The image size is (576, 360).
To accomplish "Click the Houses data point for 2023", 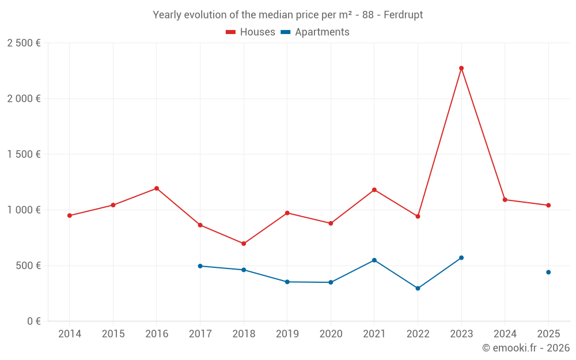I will [x=461, y=68].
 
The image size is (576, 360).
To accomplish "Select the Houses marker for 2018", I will [x=244, y=244].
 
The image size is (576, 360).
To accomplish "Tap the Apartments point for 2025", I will [x=548, y=272].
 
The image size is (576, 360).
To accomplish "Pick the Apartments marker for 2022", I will [x=418, y=289].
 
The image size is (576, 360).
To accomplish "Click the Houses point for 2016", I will [x=157, y=188].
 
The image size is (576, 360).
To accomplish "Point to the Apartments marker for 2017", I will [x=200, y=266].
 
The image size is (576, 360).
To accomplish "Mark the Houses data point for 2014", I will [x=70, y=215].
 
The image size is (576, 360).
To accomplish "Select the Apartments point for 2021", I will [x=374, y=260].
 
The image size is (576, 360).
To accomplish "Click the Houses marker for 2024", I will [x=505, y=200].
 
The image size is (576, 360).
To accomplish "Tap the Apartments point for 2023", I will [x=461, y=257].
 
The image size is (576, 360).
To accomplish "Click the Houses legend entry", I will [x=251, y=32].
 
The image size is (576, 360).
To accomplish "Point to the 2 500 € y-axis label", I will [x=24, y=43].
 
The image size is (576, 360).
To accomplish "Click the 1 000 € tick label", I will [x=24, y=210].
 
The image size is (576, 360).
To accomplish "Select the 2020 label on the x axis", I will [x=331, y=334].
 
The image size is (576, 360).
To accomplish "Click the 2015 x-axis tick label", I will [x=113, y=334].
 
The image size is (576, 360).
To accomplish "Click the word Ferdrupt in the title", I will [x=403, y=15].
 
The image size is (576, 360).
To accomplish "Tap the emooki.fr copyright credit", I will [x=525, y=348].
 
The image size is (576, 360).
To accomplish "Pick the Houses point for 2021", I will [x=374, y=190].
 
